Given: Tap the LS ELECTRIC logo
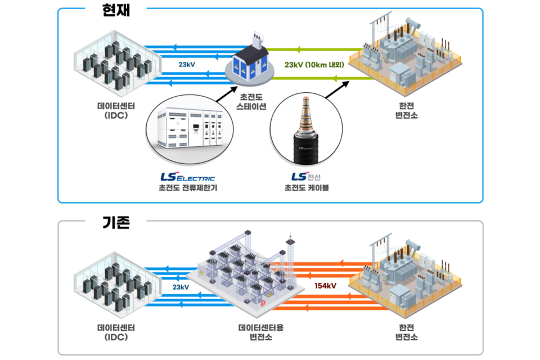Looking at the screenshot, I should pos(188,177).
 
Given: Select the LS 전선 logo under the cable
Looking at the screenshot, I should pos(307,177).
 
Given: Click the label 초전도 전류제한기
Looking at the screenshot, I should pos(188,188).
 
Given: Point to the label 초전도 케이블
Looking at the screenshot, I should pos(307,188).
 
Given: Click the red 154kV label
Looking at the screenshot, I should pos(325,286).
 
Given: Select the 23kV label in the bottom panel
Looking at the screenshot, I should pos(181,287).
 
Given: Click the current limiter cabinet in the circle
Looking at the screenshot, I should pos(188,129).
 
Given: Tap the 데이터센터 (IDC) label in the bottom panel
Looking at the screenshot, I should pos(112,332).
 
